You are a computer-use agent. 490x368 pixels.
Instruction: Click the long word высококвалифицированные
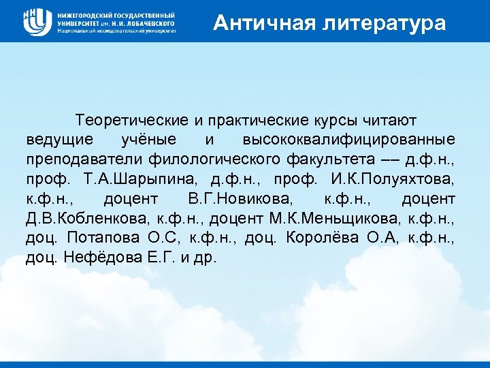click(x=349, y=140)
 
